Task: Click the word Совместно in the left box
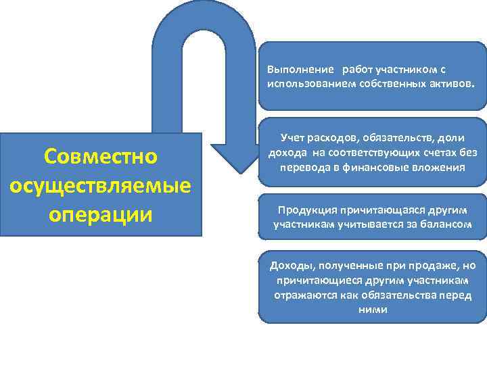click(x=100, y=156)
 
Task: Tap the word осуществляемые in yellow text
click(x=101, y=185)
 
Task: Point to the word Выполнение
click(x=300, y=70)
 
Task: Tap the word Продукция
click(x=296, y=209)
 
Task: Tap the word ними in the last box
click(x=373, y=309)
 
